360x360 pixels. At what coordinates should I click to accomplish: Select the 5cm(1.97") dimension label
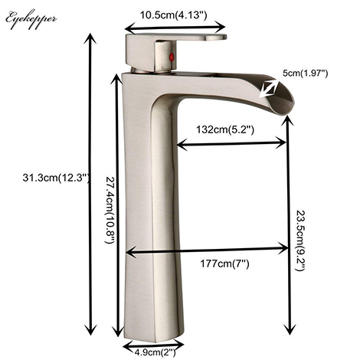304,73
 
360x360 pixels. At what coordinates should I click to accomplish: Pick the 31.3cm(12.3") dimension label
48,179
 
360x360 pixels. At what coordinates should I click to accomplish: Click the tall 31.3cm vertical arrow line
91,184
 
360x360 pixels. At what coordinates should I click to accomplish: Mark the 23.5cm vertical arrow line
288,230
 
